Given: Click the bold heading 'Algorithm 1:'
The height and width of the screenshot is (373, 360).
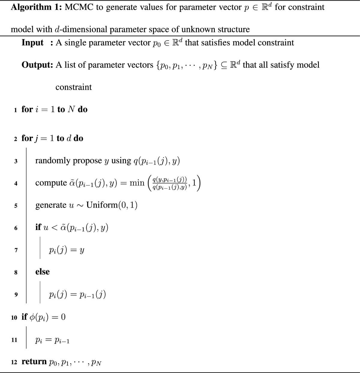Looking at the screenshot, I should tap(36, 7).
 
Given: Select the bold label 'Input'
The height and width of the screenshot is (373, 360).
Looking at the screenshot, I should tap(32, 43).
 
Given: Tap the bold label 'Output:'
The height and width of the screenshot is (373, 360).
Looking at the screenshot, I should tap(37, 65).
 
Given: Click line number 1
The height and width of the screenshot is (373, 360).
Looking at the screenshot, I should tap(15, 110).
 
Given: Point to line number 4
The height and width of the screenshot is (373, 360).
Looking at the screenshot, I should tap(16, 183).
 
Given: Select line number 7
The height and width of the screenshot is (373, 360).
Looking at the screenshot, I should tap(16, 250).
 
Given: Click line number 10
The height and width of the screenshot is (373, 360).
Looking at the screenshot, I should tap(14, 318).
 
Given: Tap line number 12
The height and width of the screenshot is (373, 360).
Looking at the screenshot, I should tap(14, 362).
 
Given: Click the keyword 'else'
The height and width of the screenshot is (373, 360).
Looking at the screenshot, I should tap(42, 272).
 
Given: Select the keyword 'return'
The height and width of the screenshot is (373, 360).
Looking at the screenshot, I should tap(34, 362).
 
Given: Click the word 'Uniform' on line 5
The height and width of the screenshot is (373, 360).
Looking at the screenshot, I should tap(101, 205).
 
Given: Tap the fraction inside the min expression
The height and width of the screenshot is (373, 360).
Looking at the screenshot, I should tap(169, 183).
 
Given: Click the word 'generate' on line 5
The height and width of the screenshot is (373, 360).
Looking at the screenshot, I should tap(51, 205).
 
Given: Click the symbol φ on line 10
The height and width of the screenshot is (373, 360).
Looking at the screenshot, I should tap(32, 317).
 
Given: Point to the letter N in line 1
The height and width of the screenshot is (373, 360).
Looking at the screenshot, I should tap(71, 109).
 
